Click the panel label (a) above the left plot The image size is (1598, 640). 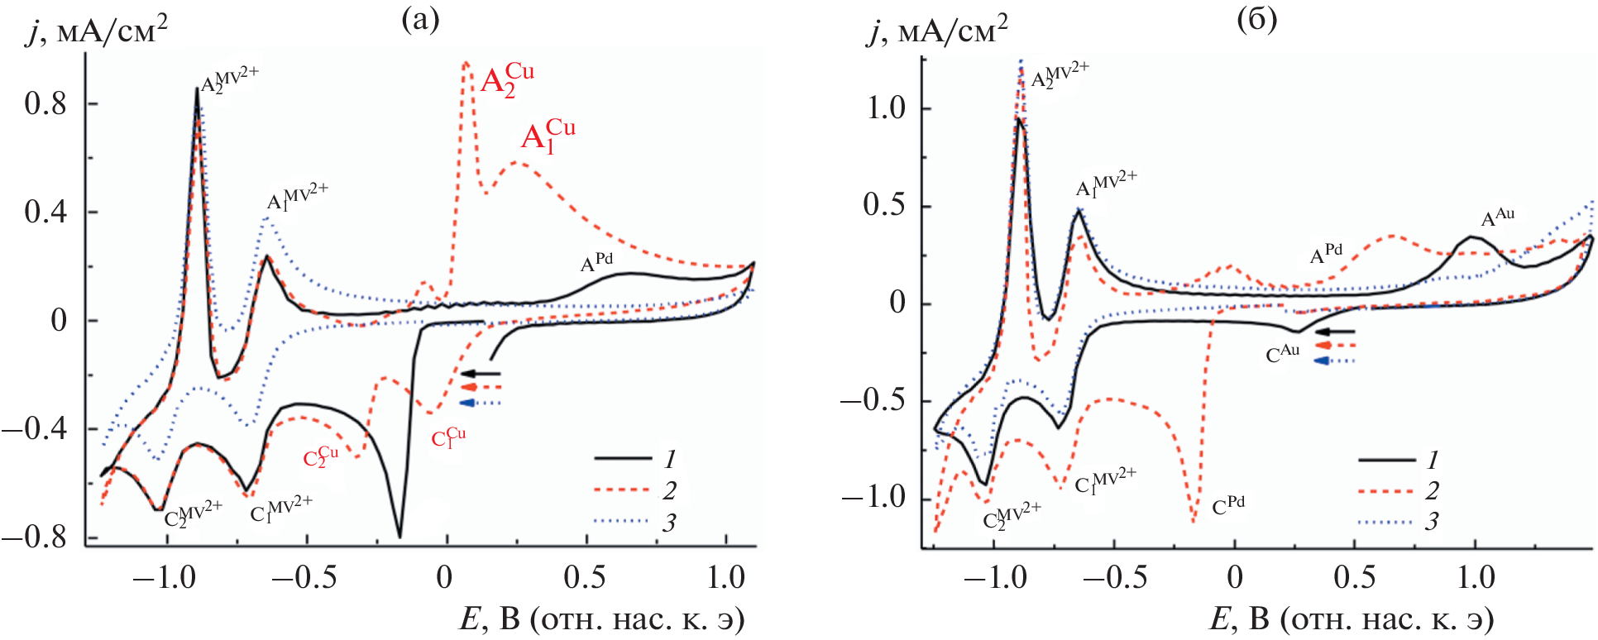click(x=419, y=19)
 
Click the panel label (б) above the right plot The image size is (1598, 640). click(x=1256, y=19)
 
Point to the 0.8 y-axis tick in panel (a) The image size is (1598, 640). click(x=45, y=104)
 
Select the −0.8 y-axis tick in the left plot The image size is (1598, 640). click(x=35, y=537)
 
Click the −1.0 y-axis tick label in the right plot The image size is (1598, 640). click(x=873, y=498)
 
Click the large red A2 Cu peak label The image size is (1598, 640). click(x=507, y=80)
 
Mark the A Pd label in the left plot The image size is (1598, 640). click(x=596, y=262)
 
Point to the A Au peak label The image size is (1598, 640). click(x=1497, y=217)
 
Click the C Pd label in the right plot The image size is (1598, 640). click(x=1228, y=505)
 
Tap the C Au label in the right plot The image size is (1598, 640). click(x=1283, y=353)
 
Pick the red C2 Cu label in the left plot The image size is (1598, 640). click(x=321, y=456)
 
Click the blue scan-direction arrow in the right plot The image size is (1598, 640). click(x=1334, y=361)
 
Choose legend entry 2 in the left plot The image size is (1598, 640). click(x=668, y=491)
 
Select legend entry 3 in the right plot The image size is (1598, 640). click(x=1431, y=522)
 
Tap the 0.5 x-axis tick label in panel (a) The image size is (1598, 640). click(x=584, y=578)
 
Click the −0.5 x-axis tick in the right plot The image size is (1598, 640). click(x=1113, y=578)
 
